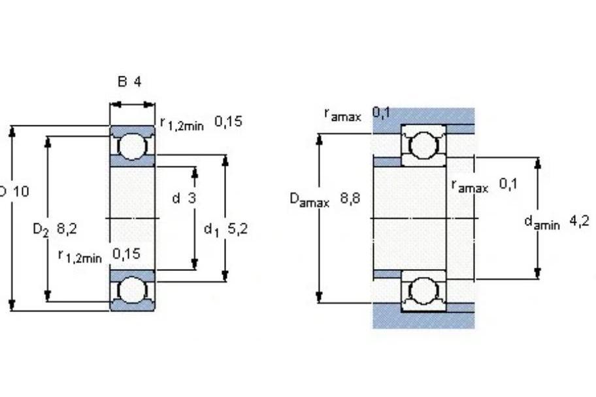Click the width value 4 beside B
[x=137, y=82]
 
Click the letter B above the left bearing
[x=122, y=82]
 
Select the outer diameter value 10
[x=21, y=191]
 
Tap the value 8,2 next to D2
[x=67, y=229]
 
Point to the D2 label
[x=41, y=229]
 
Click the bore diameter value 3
[x=191, y=198]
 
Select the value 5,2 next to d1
[x=238, y=229]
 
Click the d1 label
[x=212, y=229]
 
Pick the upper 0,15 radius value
[x=228, y=121]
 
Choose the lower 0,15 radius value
[x=127, y=253]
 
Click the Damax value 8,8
[x=350, y=198]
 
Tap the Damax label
[x=309, y=199]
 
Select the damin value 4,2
[x=579, y=220]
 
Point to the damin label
[x=542, y=223]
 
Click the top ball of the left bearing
[x=132, y=146]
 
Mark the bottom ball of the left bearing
[x=132, y=290]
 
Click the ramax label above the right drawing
[x=342, y=114]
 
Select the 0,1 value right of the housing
[x=508, y=184]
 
